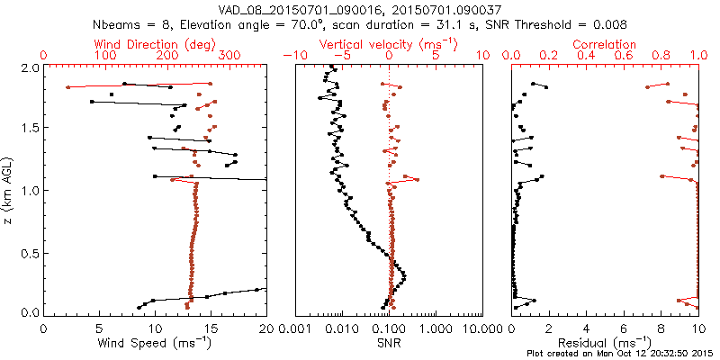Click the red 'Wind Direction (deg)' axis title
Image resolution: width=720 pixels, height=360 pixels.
(155, 44)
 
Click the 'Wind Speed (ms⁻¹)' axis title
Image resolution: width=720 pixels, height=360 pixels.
(155, 343)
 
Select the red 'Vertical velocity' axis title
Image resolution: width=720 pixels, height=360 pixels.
(389, 44)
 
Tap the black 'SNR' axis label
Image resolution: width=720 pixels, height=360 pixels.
(389, 343)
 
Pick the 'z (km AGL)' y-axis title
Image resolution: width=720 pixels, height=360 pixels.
(9, 191)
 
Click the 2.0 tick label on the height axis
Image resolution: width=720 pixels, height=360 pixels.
(30, 68)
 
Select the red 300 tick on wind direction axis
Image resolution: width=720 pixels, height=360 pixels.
(229, 56)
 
